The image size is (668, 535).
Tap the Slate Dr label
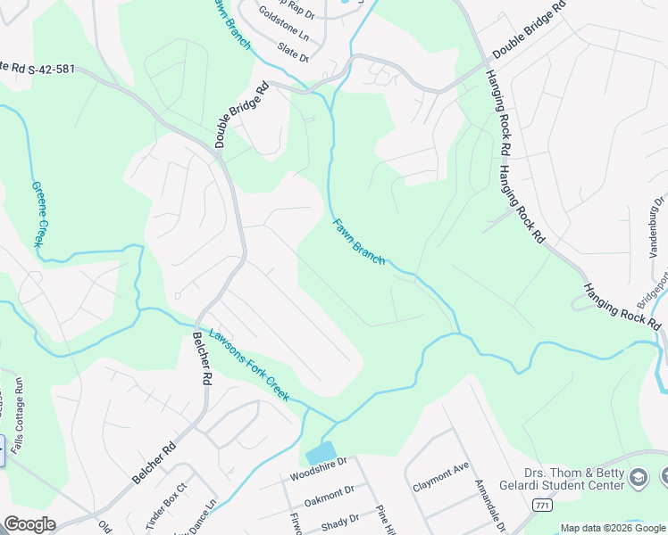(x=293, y=52)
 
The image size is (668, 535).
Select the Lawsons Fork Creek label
(x=248, y=365)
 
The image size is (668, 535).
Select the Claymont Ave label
(x=441, y=476)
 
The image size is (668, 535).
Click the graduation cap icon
(x=639, y=479)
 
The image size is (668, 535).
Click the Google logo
(x=29, y=524)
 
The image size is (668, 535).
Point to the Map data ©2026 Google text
(x=612, y=528)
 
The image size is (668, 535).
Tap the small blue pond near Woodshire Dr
(x=321, y=452)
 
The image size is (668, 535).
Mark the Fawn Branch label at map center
(x=359, y=242)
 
